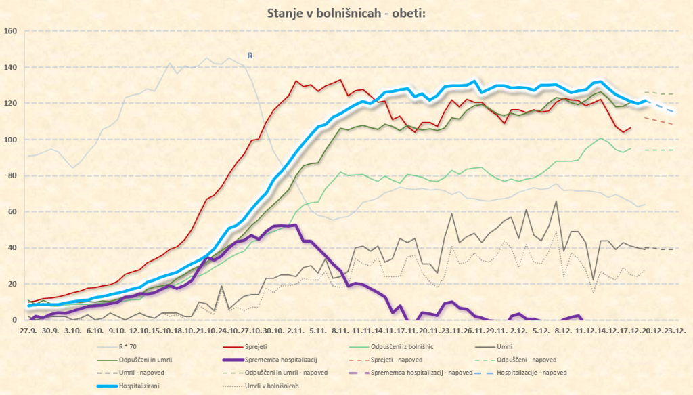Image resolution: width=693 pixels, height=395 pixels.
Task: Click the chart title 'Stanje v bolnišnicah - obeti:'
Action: (346, 13)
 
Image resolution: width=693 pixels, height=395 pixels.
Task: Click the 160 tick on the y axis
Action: (10, 31)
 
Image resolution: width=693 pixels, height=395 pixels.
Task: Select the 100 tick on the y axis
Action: (10, 140)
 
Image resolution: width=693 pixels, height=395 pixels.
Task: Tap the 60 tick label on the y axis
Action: (12, 211)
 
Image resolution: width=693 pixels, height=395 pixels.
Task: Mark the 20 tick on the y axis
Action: (12, 284)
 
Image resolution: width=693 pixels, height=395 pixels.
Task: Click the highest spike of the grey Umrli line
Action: (556, 201)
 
